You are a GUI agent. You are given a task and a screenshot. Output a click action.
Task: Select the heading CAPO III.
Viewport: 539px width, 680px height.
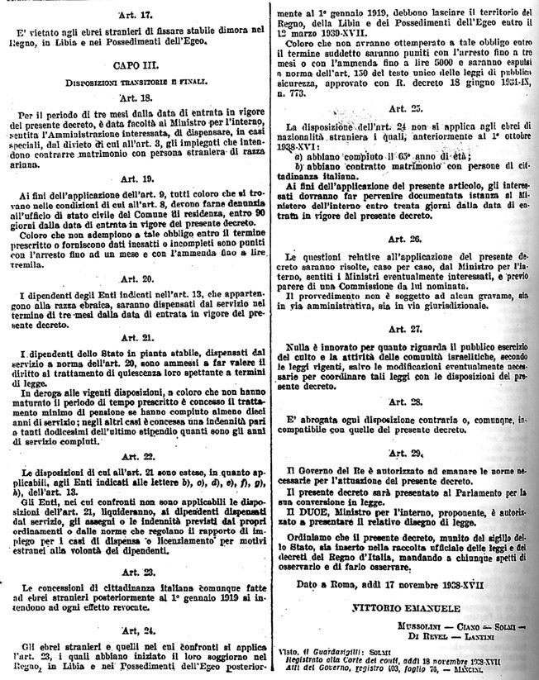pyautogui.click(x=134, y=64)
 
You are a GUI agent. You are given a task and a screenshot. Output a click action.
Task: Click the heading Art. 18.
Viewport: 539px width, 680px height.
pyautogui.click(x=135, y=97)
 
